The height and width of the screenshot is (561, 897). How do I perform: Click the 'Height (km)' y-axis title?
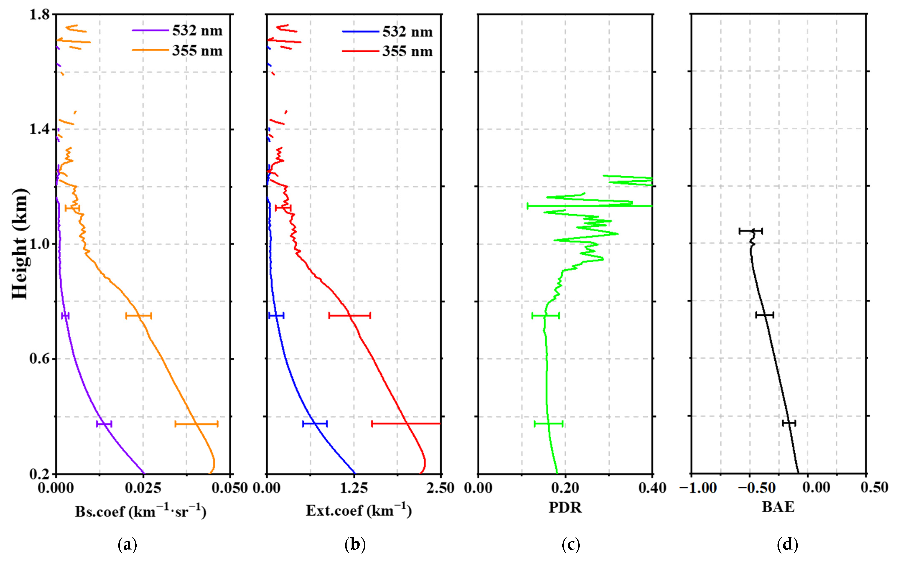[x=19, y=244]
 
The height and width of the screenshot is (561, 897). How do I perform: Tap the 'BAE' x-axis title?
[x=778, y=507]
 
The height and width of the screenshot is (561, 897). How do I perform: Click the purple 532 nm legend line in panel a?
[x=150, y=31]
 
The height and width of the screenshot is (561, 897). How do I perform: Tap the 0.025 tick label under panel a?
[x=143, y=488]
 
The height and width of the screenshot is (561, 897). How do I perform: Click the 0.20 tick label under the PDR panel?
[x=565, y=488]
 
